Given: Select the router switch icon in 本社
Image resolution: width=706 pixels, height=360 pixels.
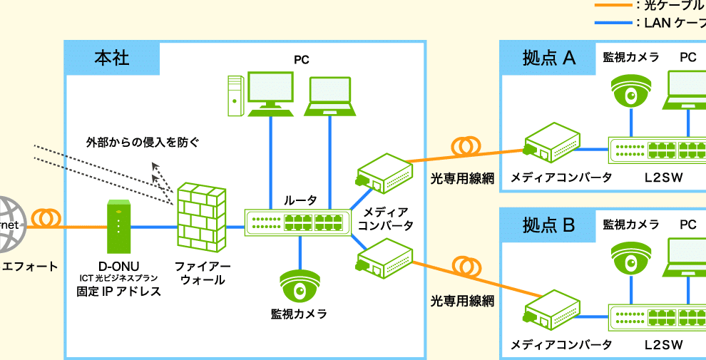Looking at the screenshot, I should pyautogui.click(x=298, y=222).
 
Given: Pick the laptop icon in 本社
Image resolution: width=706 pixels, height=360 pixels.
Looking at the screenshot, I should pyautogui.click(x=330, y=97).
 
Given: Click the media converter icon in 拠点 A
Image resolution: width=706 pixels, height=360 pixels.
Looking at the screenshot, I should pyautogui.click(x=551, y=142).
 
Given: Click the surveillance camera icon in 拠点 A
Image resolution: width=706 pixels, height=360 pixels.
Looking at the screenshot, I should pyautogui.click(x=631, y=89).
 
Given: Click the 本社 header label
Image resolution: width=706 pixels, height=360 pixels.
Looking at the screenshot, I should pyautogui.click(x=112, y=58).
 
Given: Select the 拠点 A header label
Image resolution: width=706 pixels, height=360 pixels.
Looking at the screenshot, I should pyautogui.click(x=548, y=58).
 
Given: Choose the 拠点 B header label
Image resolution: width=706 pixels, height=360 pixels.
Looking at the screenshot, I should pyautogui.click(x=548, y=225).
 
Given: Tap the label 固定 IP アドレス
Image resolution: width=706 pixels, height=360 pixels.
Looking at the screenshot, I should pyautogui.click(x=118, y=292).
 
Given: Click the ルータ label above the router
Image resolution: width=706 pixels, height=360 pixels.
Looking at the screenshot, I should pyautogui.click(x=300, y=200).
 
